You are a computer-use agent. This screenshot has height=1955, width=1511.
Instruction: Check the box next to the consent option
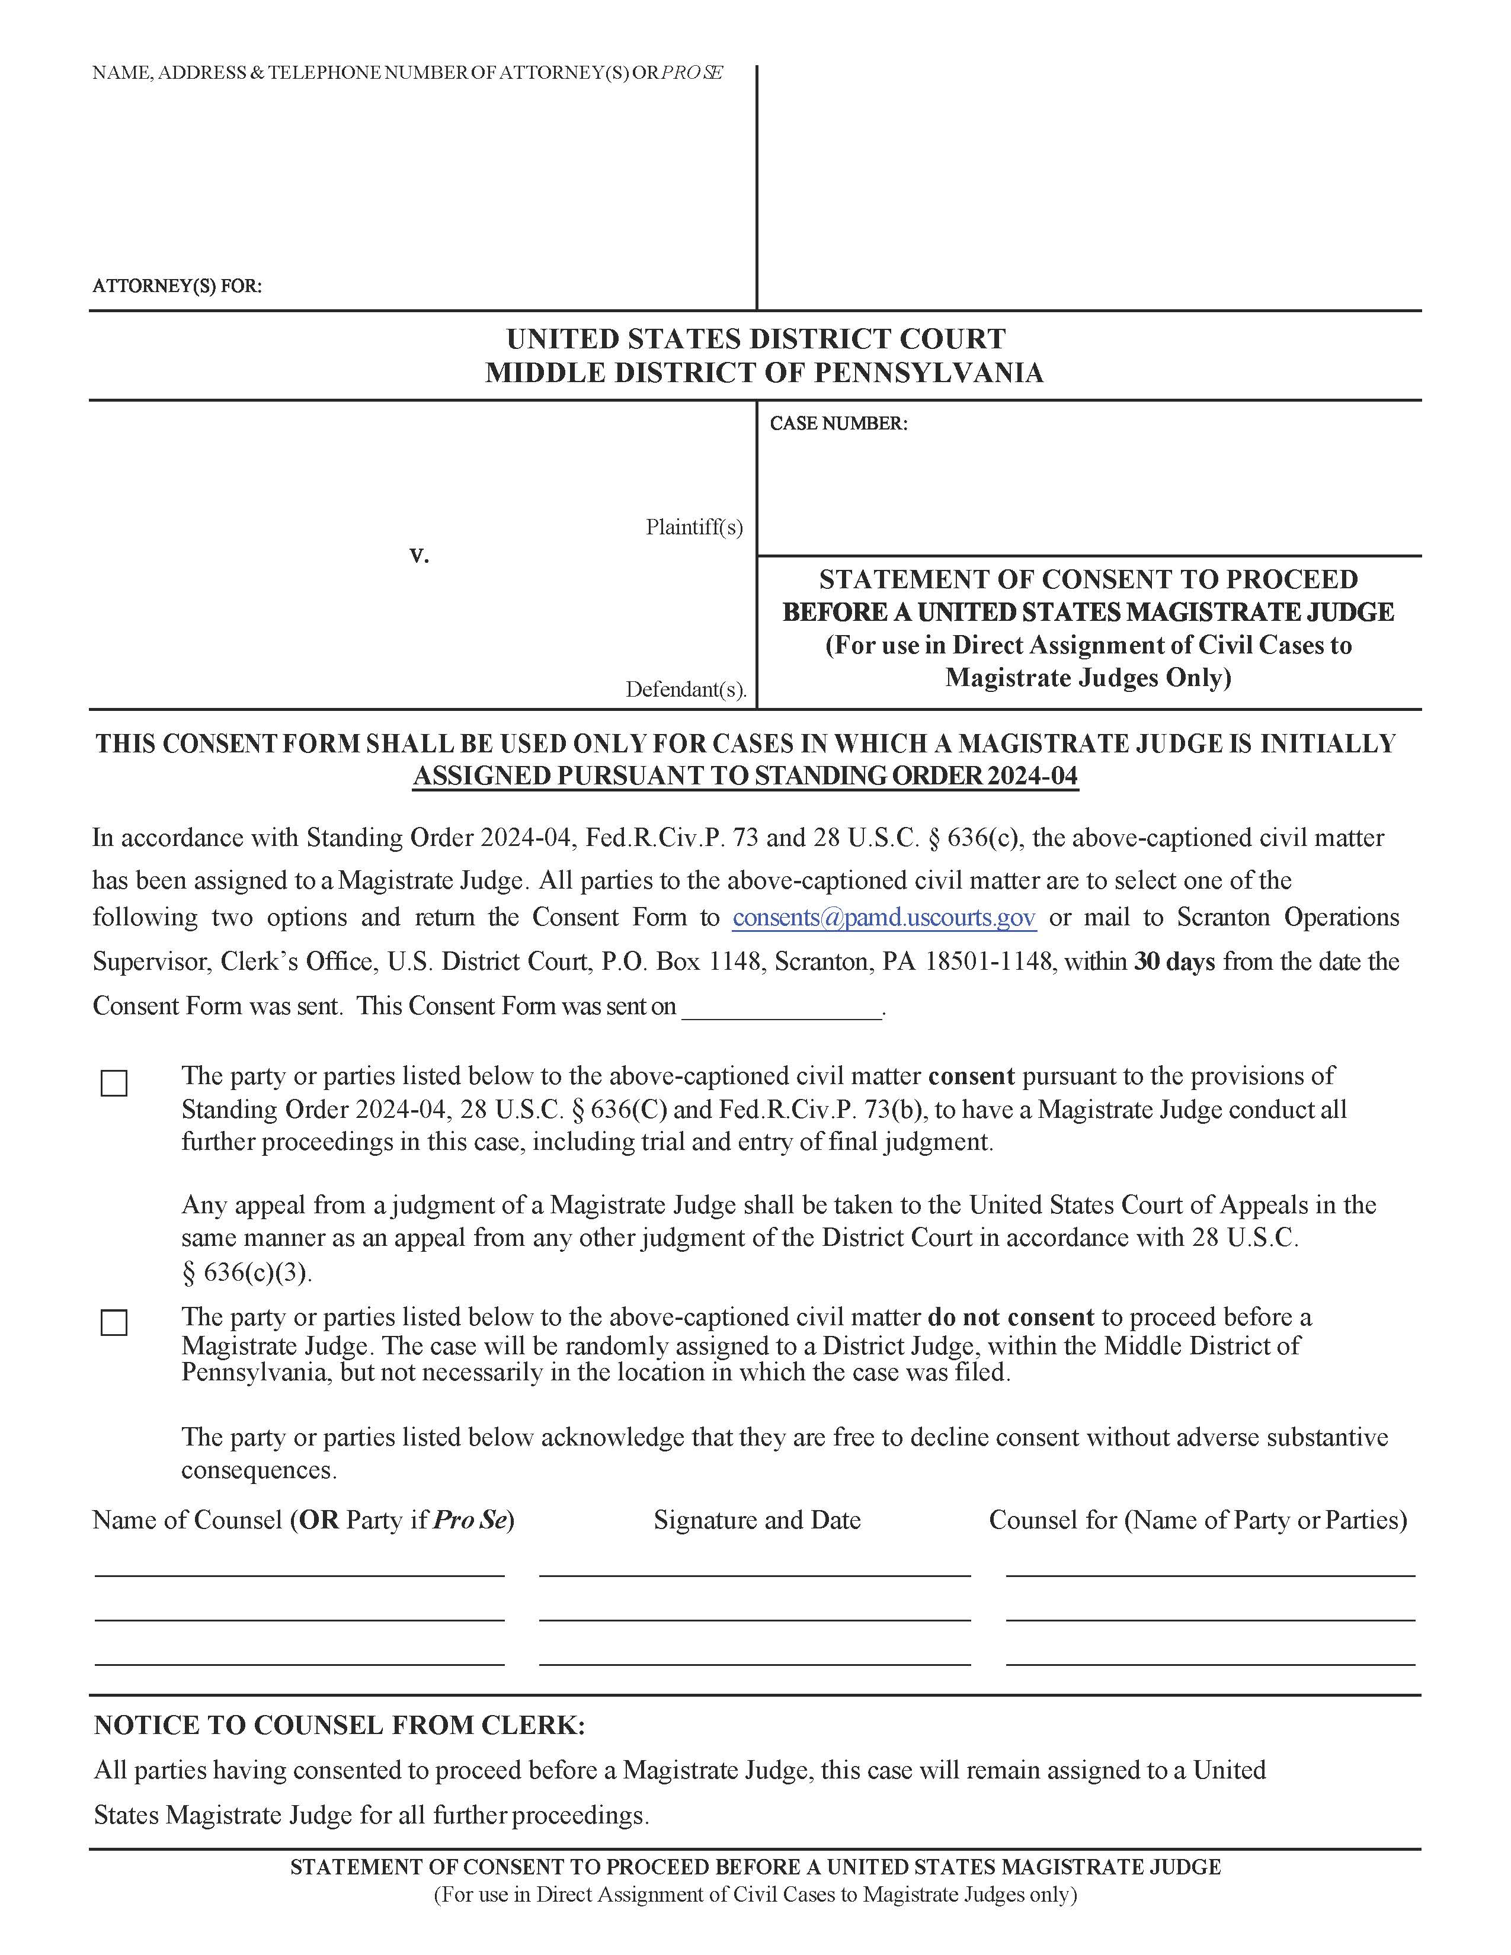tap(114, 1083)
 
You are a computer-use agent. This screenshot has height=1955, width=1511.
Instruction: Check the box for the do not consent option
tap(114, 1323)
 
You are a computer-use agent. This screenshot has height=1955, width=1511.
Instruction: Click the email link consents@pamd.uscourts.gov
tap(883, 918)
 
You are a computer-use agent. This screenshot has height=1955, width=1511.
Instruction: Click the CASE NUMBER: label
tap(838, 424)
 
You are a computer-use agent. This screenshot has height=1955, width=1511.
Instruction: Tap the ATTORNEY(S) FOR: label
tap(177, 287)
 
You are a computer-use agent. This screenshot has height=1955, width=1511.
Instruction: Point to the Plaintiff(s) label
tap(694, 527)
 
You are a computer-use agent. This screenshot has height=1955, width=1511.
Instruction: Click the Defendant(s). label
tap(685, 689)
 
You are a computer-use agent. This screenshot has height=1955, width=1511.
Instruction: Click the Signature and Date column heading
tap(757, 1520)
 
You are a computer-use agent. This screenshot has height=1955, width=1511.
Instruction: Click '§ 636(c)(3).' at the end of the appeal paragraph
tap(247, 1273)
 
